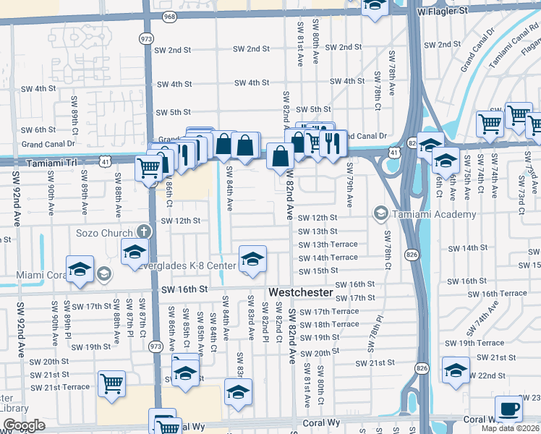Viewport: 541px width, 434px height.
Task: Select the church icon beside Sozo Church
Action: point(144,232)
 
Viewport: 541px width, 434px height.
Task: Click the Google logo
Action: point(24,426)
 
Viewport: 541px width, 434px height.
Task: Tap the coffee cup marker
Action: point(509,409)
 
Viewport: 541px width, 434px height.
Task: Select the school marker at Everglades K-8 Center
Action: point(252,260)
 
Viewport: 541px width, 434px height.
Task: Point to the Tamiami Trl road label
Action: point(48,163)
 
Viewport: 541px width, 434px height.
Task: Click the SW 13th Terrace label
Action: point(328,244)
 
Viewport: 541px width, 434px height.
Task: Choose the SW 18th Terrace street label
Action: point(328,324)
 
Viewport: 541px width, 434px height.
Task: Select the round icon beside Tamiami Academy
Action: point(380,213)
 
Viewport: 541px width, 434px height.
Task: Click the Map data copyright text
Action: point(509,428)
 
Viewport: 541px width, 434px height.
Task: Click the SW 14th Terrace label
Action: point(328,258)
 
